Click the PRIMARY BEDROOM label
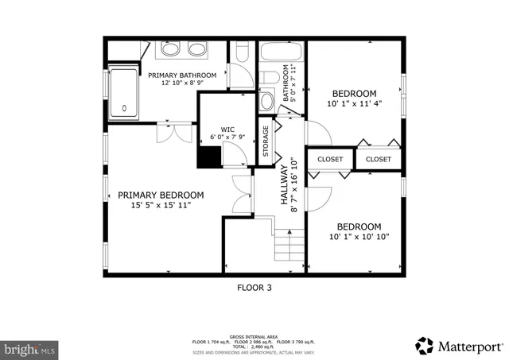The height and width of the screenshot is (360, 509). tap(161, 195)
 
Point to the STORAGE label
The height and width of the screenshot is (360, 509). tap(266, 141)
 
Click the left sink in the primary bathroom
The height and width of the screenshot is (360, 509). tap(170, 50)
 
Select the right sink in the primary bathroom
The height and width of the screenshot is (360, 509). tap(196, 50)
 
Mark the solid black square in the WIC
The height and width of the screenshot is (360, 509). tap(209, 157)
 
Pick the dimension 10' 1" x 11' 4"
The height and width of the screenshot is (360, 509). tap(354, 103)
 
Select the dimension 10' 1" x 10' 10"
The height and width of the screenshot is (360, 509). tap(358, 237)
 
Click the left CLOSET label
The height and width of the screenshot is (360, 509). tap(330, 159)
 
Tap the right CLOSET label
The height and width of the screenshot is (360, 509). tap(379, 159)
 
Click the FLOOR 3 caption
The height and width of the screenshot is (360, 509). tap(254, 288)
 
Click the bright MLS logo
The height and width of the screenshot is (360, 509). tap(29, 349)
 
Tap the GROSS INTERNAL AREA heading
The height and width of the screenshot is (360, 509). tap(254, 336)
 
